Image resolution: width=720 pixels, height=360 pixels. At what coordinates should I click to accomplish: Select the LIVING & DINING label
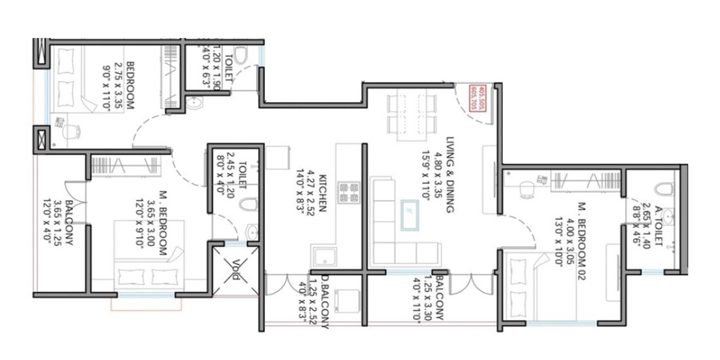click(x=451, y=175)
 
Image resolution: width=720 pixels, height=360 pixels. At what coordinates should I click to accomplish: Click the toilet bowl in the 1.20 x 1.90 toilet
click(x=240, y=56)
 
